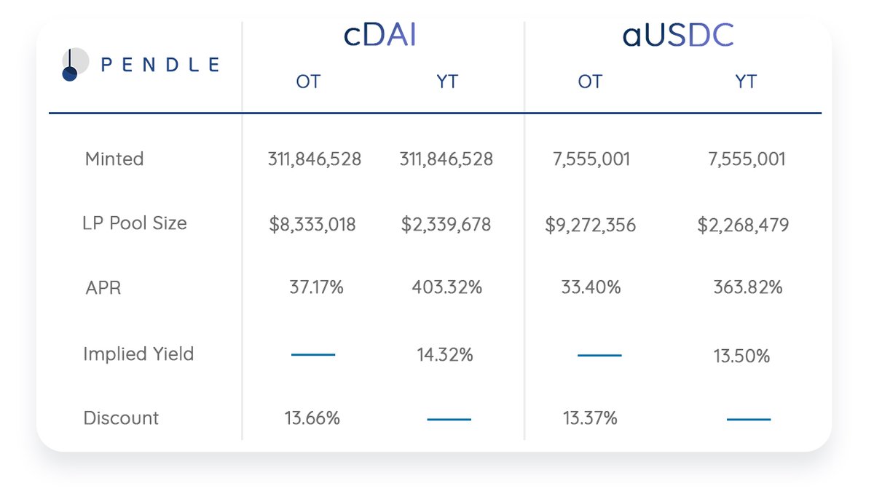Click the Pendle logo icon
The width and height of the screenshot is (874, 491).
74,65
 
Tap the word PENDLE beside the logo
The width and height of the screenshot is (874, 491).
160,65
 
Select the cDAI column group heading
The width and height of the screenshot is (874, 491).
379,36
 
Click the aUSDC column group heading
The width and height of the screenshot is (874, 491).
677,36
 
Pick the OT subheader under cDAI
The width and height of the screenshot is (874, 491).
308,81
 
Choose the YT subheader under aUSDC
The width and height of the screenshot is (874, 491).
745,81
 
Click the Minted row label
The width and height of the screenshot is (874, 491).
114,159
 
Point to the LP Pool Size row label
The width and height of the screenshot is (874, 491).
135,223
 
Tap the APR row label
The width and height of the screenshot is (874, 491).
103,287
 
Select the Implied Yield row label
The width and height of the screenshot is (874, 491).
138,354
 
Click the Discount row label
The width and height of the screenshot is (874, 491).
121,418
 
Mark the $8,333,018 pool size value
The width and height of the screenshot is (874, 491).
312,225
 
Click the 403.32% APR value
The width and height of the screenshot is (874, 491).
446,287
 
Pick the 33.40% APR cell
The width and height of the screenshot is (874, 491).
591,287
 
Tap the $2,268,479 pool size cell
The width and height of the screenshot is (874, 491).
743,225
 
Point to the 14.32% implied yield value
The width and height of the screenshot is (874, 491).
445,355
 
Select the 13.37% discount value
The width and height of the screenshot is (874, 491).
590,418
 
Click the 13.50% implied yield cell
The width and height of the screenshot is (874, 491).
741,356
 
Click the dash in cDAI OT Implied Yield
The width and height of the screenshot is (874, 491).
313,355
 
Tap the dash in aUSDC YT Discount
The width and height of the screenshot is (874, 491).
748,420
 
